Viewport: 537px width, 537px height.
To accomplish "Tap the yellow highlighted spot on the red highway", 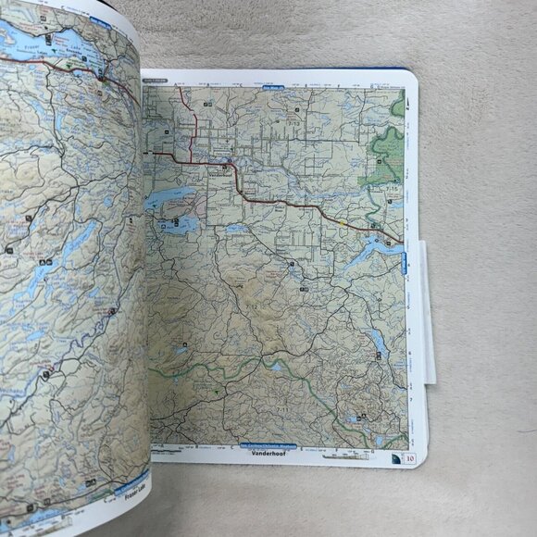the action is click(343, 222).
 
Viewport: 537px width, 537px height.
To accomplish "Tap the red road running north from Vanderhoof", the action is click(194, 120).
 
